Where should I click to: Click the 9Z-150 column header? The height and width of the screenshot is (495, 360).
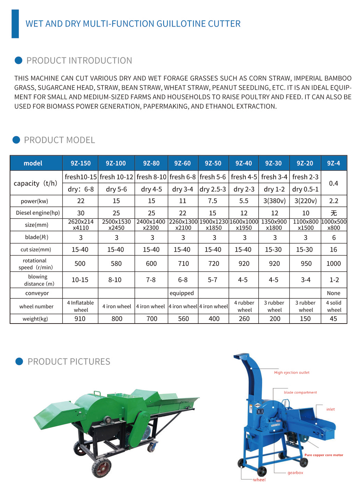(81, 163)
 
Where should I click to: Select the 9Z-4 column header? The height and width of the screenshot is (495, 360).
(333, 163)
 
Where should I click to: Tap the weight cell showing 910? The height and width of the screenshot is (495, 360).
(80, 319)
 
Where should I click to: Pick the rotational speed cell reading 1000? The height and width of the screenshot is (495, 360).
(333, 263)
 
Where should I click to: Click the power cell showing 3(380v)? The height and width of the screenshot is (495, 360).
(274, 201)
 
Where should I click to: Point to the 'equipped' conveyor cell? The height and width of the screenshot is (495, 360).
(182, 293)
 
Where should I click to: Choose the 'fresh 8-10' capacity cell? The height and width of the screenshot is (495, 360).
(151, 177)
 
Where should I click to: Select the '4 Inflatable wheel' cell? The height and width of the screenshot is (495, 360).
(81, 306)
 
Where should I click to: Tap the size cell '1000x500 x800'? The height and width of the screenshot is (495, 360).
(334, 225)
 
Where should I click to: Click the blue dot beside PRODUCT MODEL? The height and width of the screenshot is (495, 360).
(16, 140)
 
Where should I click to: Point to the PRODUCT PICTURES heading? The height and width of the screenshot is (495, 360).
(69, 362)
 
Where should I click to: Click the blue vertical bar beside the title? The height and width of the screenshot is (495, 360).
(15, 24)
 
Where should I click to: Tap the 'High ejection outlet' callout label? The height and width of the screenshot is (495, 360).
(292, 373)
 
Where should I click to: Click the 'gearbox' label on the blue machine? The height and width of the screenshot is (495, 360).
(295, 473)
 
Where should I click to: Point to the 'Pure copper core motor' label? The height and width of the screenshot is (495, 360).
(324, 455)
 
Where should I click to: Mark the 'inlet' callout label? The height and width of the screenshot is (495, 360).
(330, 409)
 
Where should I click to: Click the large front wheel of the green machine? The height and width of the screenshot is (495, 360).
(101, 468)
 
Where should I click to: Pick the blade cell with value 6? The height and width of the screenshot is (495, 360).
(334, 237)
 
